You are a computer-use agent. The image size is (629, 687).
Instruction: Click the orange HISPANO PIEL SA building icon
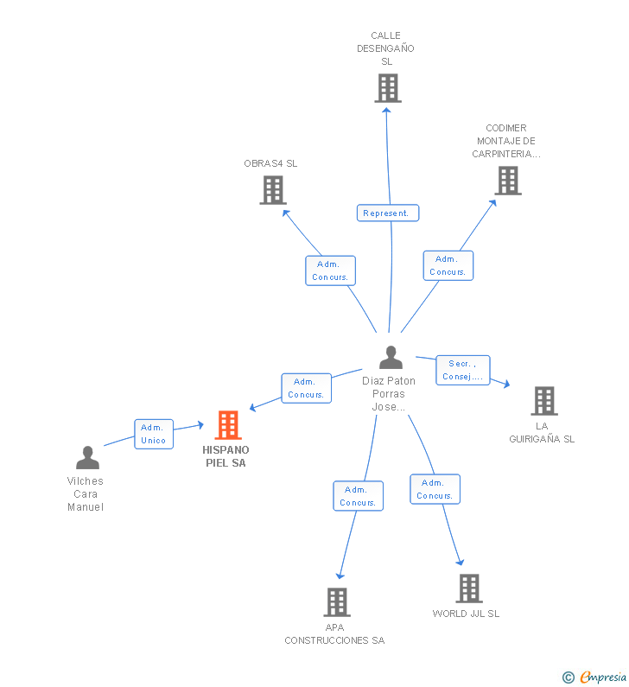(x=228, y=425)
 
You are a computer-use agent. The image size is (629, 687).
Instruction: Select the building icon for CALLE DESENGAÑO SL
(x=388, y=88)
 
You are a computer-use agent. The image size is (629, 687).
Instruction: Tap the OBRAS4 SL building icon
(x=273, y=190)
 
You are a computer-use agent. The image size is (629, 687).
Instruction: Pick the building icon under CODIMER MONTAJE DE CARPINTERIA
(x=508, y=181)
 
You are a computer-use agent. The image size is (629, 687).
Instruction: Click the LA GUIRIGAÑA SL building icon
(x=544, y=401)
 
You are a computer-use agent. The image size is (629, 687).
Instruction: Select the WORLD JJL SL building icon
(x=469, y=588)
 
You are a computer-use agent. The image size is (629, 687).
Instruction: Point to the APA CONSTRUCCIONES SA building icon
(x=337, y=602)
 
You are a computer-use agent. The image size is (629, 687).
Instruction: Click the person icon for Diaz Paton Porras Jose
(x=391, y=358)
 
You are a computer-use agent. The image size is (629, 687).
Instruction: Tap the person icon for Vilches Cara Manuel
(x=87, y=457)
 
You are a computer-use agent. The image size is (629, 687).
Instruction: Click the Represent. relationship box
(x=388, y=213)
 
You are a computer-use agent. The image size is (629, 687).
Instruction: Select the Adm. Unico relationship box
(x=154, y=434)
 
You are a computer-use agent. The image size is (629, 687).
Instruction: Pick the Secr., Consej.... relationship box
(x=463, y=370)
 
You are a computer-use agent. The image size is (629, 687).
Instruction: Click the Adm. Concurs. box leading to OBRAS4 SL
(x=330, y=270)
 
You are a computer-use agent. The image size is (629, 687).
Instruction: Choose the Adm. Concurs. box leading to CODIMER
(x=448, y=265)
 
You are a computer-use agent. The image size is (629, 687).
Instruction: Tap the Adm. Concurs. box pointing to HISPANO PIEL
(x=306, y=388)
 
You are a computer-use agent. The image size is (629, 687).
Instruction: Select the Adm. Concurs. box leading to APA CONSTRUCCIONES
(x=358, y=496)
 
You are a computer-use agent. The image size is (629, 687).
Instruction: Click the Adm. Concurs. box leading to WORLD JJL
(x=435, y=489)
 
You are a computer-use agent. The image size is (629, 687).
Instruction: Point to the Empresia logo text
(x=603, y=677)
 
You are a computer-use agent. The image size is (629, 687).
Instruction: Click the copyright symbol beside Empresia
(x=569, y=677)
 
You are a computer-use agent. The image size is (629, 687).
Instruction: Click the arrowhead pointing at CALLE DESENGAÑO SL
(x=386, y=111)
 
